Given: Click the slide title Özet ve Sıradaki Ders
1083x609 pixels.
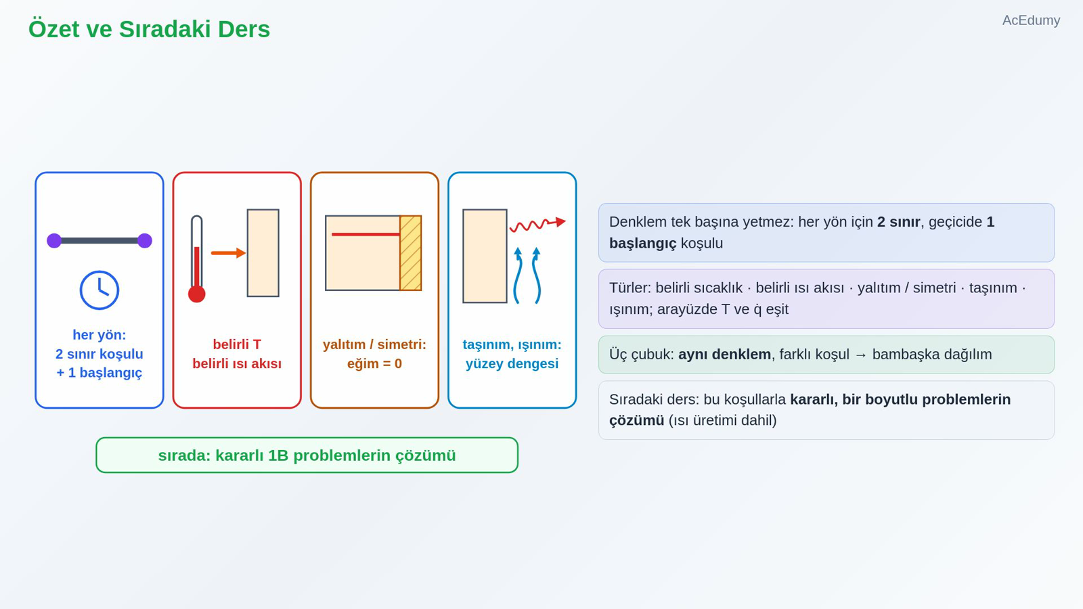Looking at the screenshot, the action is point(149,29).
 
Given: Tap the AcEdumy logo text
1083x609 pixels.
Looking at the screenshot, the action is point(1031,20).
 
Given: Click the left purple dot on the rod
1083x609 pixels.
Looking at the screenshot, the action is point(54,241).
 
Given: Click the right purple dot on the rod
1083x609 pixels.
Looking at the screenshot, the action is point(145,241).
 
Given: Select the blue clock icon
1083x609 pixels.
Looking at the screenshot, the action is point(99,290).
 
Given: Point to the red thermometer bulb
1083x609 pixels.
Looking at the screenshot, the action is point(197,294).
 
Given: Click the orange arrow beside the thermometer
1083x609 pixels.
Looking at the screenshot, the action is point(229,253).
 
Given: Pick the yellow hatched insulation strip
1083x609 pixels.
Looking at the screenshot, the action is point(410,253).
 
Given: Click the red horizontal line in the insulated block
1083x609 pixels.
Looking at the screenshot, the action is point(366,234).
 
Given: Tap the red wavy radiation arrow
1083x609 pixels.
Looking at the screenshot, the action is point(537,224).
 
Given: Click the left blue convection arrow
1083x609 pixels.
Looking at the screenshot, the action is point(517,275).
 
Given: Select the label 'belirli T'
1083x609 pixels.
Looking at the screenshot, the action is point(237,344).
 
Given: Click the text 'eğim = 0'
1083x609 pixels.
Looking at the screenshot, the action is point(374,363).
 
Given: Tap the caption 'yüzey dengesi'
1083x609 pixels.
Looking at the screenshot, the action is point(512,363).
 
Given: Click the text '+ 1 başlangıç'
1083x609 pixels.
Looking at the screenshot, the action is point(99,373).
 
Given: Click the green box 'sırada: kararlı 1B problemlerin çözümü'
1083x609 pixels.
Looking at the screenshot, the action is point(307,455).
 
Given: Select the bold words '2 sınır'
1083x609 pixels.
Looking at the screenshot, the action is point(898,222).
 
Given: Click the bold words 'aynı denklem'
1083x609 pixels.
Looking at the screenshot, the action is point(724,355).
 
